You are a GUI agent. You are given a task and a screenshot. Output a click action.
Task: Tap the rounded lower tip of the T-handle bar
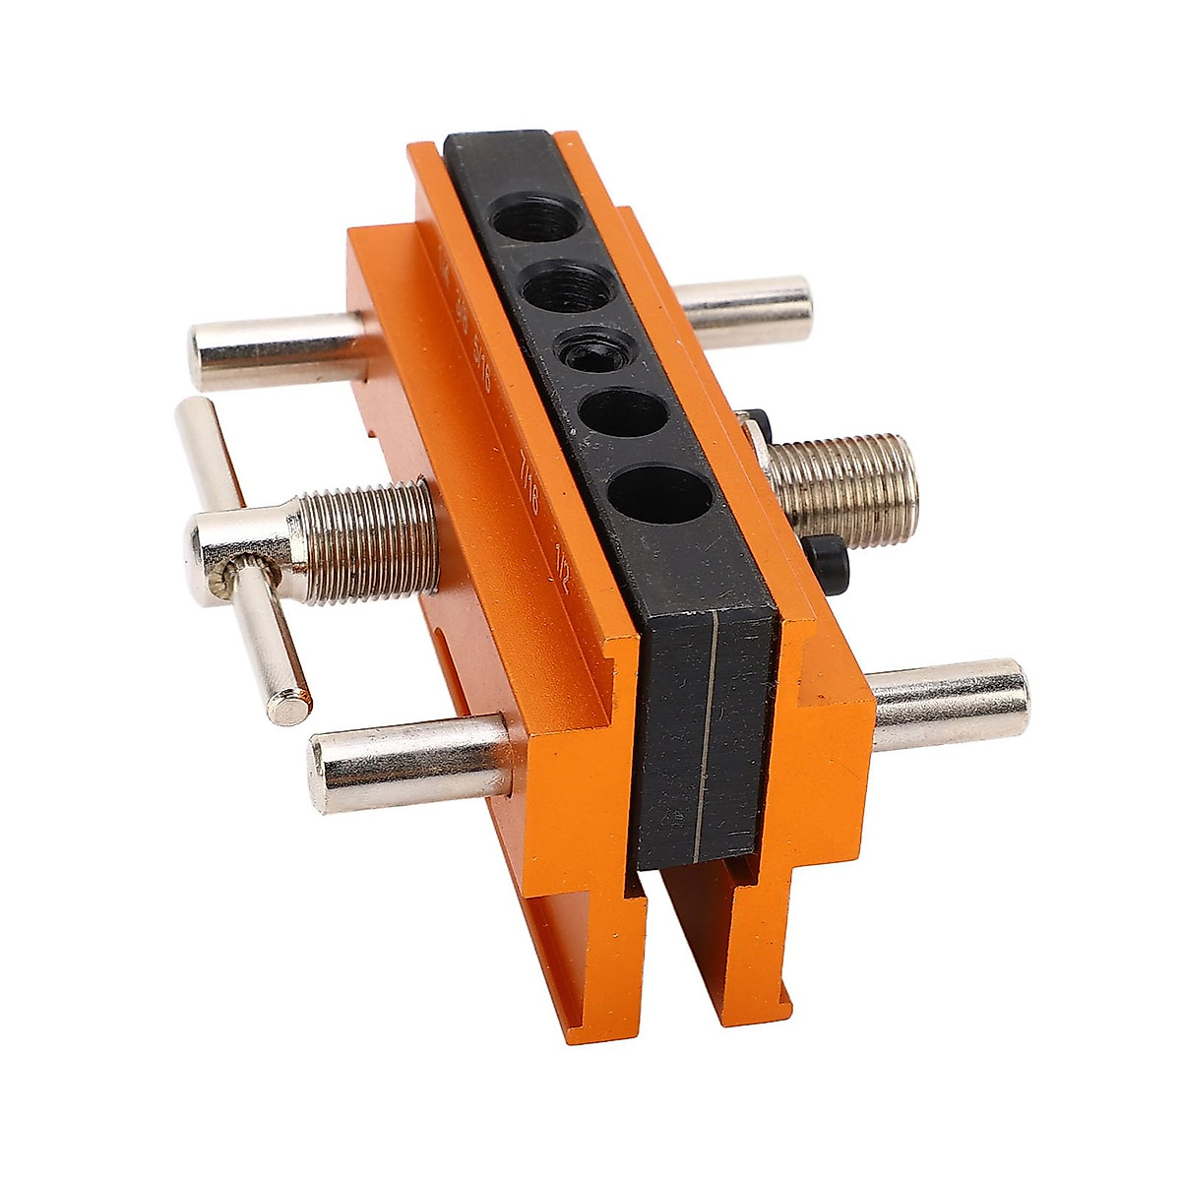point(287,705)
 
